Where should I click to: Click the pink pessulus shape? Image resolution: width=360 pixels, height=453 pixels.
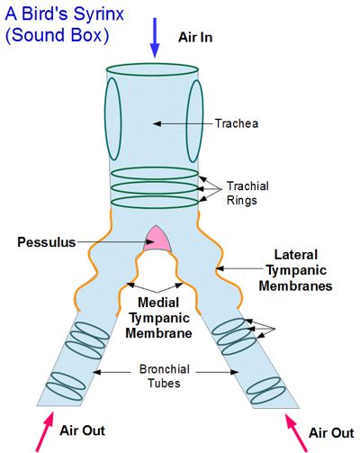point(157,240)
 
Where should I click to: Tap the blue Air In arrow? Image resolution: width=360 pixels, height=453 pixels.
point(155,38)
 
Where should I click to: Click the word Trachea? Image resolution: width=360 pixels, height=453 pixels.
point(237,123)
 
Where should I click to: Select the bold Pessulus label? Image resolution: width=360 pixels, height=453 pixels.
point(47,242)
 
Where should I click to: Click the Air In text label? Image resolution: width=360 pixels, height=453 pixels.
point(195,38)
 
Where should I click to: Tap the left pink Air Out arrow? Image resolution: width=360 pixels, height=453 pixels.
point(46,431)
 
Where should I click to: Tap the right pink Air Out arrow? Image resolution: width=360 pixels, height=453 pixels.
point(296,432)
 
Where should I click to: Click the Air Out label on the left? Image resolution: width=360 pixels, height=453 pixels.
point(83,430)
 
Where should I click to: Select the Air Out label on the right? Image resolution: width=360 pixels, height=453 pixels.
point(331,433)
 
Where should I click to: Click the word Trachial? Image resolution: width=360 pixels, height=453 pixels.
point(247,186)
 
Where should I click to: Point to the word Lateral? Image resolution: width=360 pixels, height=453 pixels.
point(296,255)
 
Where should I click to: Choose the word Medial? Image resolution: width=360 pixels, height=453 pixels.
point(158,303)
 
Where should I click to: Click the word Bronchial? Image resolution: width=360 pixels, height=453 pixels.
point(165,369)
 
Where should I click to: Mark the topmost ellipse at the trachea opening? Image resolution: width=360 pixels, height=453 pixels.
point(152,69)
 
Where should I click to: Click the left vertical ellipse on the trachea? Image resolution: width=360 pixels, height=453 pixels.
point(112,119)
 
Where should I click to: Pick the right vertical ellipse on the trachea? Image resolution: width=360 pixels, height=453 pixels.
point(194,121)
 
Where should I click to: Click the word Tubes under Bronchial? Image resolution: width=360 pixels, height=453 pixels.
point(165,384)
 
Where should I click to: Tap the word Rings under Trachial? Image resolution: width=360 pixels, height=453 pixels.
point(242,200)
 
